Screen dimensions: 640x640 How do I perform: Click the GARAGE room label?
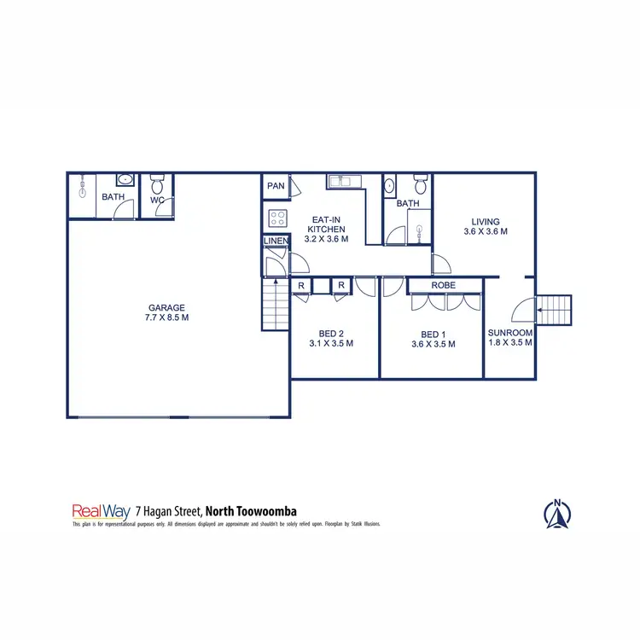pyautogui.click(x=167, y=308)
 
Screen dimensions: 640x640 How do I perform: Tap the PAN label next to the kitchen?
pyautogui.click(x=275, y=186)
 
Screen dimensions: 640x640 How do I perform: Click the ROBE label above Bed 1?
pyautogui.click(x=443, y=285)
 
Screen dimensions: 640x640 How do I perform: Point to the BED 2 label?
pyautogui.click(x=331, y=335)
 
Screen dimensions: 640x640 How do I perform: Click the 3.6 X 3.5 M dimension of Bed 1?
pyautogui.click(x=433, y=345)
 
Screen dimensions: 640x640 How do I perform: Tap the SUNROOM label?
pyautogui.click(x=510, y=333)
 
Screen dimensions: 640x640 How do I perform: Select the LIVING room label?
pyautogui.click(x=486, y=221)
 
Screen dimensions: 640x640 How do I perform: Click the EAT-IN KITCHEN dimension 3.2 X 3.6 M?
pyautogui.click(x=327, y=240)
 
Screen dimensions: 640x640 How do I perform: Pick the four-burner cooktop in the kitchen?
pyautogui.click(x=277, y=217)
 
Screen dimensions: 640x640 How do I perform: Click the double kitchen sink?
pyautogui.click(x=344, y=181)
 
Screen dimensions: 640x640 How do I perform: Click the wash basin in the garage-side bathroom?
pyautogui.click(x=124, y=180)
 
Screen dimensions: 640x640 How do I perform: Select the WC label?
pyautogui.click(x=157, y=201)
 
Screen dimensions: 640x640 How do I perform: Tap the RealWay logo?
pyautogui.click(x=101, y=511)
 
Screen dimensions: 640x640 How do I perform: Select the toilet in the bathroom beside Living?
pyautogui.click(x=419, y=184)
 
